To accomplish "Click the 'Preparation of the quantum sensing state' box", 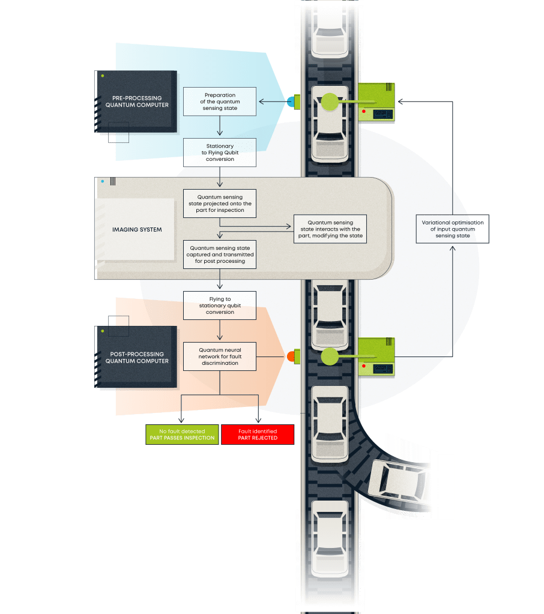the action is [220, 101].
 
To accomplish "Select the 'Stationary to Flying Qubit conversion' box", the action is [220, 152].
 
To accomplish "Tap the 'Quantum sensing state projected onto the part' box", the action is [220, 203].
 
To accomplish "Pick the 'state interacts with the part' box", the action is [330, 229].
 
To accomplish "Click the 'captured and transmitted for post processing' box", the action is [220, 254].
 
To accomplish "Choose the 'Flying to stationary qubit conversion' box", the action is [220, 305].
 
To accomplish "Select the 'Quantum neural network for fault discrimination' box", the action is [220, 357].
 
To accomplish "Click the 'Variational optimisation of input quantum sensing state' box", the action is [452, 229].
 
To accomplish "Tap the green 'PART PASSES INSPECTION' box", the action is [182, 435].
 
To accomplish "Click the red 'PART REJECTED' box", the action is [258, 435].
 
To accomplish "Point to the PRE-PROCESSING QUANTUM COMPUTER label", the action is [137, 101].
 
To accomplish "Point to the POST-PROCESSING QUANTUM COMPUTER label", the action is [137, 358].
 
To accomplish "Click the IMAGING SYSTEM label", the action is [137, 229].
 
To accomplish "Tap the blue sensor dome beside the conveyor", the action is [290, 102].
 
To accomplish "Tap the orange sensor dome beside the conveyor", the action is [291, 357].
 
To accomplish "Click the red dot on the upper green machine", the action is [364, 112].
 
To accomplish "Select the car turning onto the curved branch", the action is [397, 480].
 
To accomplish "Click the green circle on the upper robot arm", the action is [330, 102].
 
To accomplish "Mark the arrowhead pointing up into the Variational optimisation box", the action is [452, 248].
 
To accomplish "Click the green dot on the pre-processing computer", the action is [103, 76].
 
